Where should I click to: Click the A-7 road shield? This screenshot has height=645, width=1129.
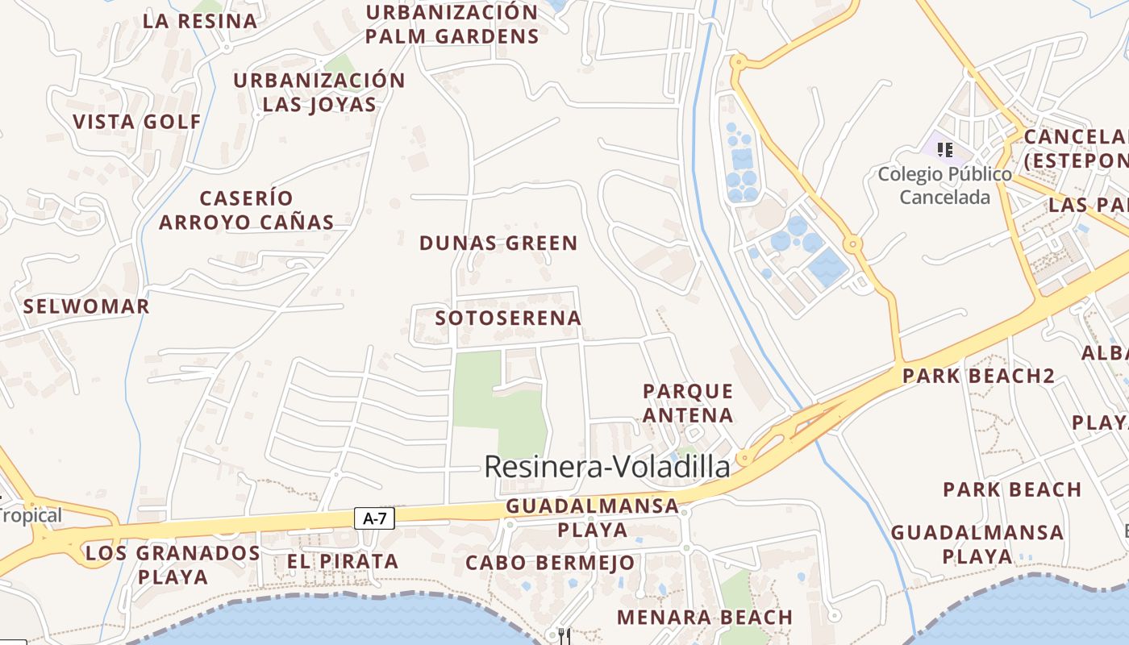coord(374,518)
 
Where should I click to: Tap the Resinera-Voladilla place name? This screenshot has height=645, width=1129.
coord(606,467)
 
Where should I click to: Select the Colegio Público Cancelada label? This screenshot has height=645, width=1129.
coord(944,185)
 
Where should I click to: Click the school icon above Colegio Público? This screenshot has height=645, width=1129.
coord(945,149)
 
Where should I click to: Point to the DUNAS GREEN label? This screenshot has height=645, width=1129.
coord(498,243)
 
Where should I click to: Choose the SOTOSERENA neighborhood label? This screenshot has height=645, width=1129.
coord(508,318)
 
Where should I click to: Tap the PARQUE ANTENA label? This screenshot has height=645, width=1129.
coord(688,403)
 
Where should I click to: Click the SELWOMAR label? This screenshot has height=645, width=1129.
coord(86,306)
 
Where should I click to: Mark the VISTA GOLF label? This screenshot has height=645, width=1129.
coord(137,122)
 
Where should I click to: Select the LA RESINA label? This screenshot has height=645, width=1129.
coord(200,21)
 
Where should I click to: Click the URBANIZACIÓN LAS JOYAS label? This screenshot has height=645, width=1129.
coord(319,92)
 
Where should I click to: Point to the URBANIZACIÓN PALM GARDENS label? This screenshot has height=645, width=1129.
coord(452,24)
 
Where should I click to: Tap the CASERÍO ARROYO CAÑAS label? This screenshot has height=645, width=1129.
coord(246,210)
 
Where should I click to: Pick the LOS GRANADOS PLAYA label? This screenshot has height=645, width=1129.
coord(173,564)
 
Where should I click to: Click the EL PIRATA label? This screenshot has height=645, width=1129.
coord(343,561)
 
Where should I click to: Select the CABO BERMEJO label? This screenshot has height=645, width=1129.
coord(550,562)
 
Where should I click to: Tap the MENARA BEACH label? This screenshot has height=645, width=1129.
coord(705,617)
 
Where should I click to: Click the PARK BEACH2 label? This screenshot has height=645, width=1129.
coord(978,376)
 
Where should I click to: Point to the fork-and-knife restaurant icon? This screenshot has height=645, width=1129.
coord(564,636)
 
